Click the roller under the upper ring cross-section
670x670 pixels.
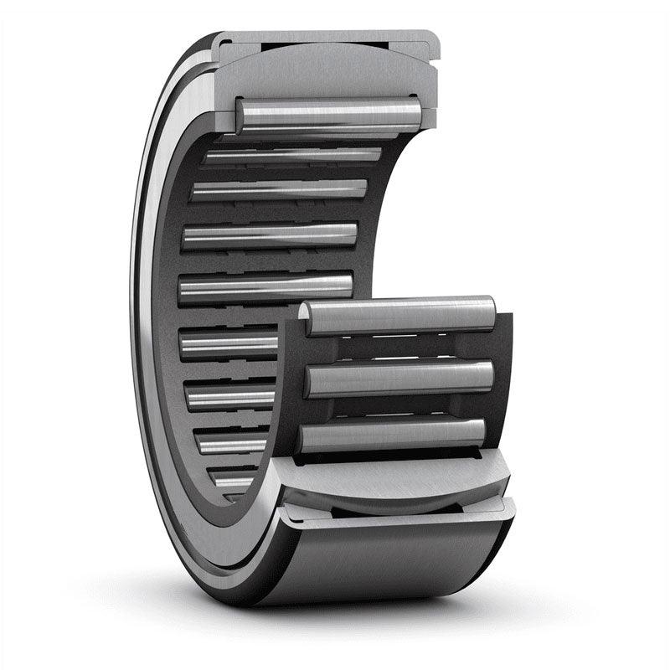click(328, 114)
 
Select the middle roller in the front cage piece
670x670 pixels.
click(399, 379)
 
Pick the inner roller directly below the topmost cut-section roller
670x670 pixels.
click(293, 155)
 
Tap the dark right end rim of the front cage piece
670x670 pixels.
click(502, 377)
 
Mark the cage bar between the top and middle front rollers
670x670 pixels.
click(398, 348)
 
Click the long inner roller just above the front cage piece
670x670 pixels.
click(266, 286)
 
